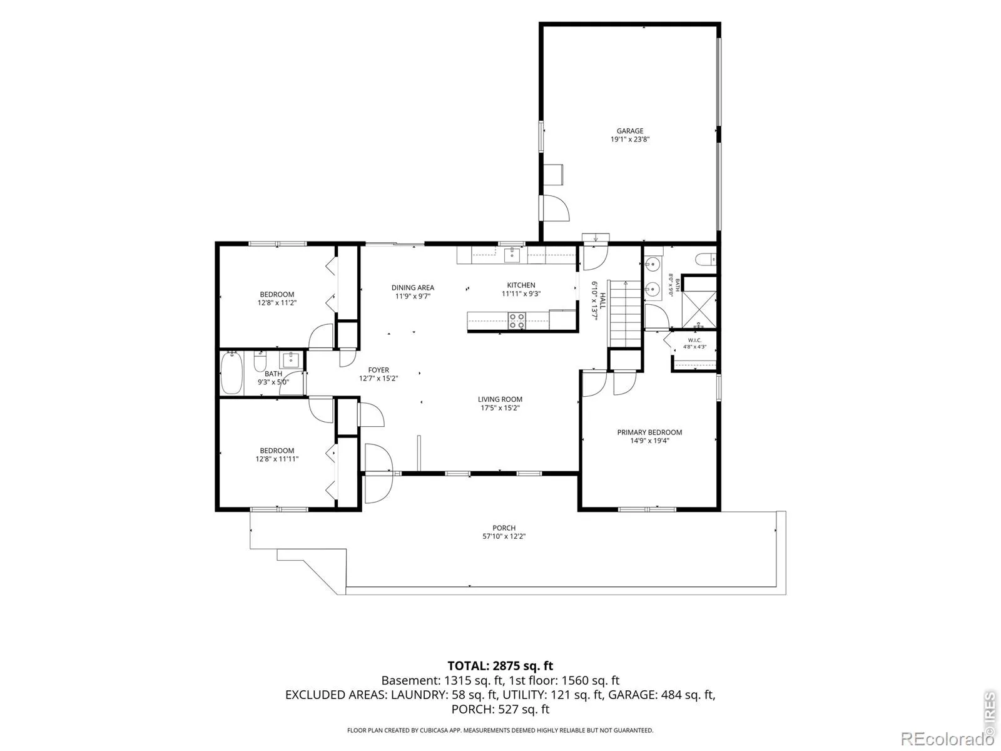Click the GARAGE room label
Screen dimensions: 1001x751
click(x=630, y=131)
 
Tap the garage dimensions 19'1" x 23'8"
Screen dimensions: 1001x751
click(x=630, y=140)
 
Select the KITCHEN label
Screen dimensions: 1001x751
click(x=521, y=285)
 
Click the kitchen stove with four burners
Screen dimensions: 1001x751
click(x=517, y=320)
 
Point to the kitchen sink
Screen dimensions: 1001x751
click(x=512, y=255)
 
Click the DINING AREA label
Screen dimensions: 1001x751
click(x=413, y=288)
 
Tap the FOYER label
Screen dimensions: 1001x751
click(x=379, y=370)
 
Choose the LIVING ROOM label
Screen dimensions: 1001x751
click(x=500, y=399)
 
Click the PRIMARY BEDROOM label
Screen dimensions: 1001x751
click(x=649, y=432)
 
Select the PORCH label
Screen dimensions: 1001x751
click(x=504, y=528)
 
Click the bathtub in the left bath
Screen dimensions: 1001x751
click(x=231, y=374)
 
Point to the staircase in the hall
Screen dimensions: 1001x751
click(x=626, y=314)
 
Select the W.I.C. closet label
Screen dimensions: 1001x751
click(x=694, y=340)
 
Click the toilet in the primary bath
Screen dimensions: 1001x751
click(x=706, y=260)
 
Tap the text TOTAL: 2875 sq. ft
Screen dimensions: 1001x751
click(x=500, y=666)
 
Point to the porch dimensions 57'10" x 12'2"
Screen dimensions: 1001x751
click(x=504, y=537)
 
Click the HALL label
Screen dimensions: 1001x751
click(x=603, y=300)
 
